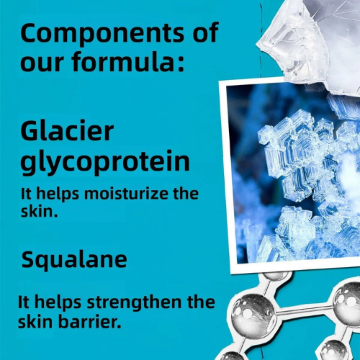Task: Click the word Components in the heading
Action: [x=102, y=34]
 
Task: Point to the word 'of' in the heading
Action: [x=206, y=32]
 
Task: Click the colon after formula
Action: [x=181, y=63]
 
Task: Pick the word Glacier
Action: [x=67, y=131]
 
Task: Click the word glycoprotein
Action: [x=105, y=162]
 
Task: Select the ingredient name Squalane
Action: [x=74, y=261]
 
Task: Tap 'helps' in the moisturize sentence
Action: [x=58, y=194]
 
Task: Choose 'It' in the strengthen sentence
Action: [x=24, y=302]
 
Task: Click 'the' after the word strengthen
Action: [x=201, y=302]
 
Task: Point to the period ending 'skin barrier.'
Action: [x=118, y=326]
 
